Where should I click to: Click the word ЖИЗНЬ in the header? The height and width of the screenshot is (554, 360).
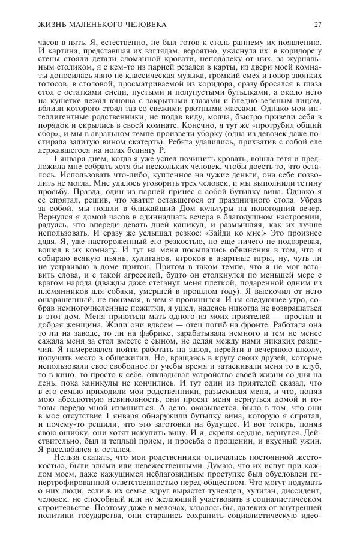click(37, 25)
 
